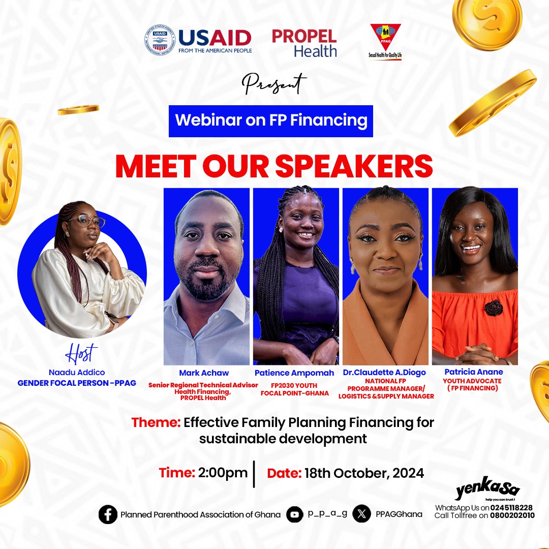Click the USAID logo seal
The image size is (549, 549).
160,40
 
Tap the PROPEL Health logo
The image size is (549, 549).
304,43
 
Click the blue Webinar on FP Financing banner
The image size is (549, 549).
271,121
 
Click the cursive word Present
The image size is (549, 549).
274,84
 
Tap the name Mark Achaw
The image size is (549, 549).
204,373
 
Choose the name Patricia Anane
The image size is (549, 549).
473,372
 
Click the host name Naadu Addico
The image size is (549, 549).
77,373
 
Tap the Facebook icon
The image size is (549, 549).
108,514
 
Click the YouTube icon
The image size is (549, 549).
294,514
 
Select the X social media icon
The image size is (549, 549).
361,514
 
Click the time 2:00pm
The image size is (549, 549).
223,472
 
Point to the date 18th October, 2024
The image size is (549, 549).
364,473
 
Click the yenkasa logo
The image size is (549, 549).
486,491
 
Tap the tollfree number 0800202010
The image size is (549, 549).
512,516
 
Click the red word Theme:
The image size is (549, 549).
156,422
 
